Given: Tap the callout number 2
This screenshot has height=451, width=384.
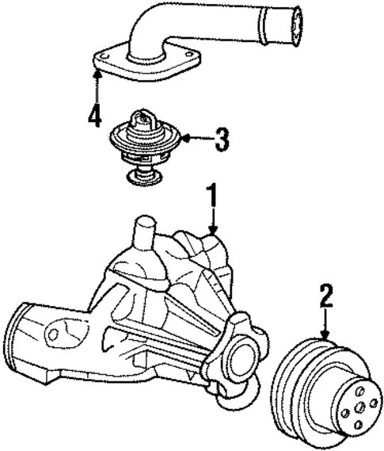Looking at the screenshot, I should coord(325,296).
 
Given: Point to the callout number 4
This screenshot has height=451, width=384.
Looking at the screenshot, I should coord(95,117).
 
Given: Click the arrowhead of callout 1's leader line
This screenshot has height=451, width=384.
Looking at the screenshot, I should coord(211,231).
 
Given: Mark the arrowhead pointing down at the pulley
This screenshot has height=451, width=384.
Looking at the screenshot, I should coord(325,337).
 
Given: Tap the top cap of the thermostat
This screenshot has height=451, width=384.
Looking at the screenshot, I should coord(143,120).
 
